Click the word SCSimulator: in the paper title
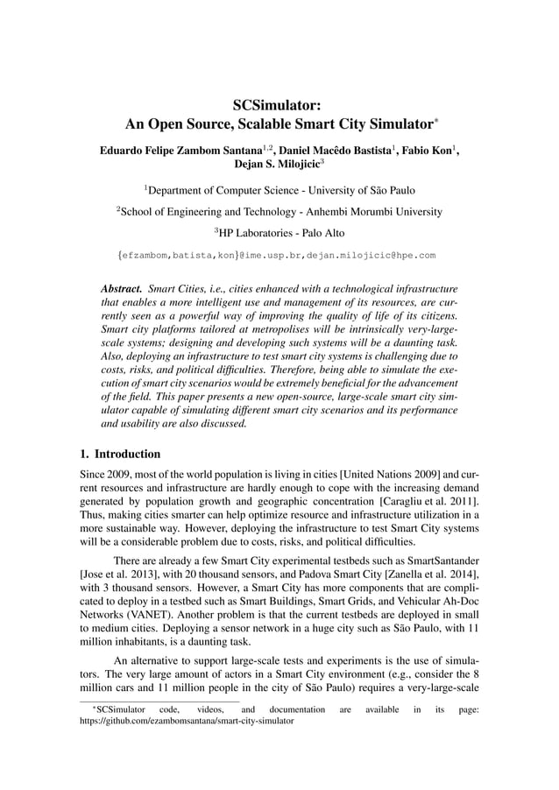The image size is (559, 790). tap(280, 106)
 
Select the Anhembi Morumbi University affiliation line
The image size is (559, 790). tap(279, 211)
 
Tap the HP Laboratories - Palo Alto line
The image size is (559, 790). tap(279, 232)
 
